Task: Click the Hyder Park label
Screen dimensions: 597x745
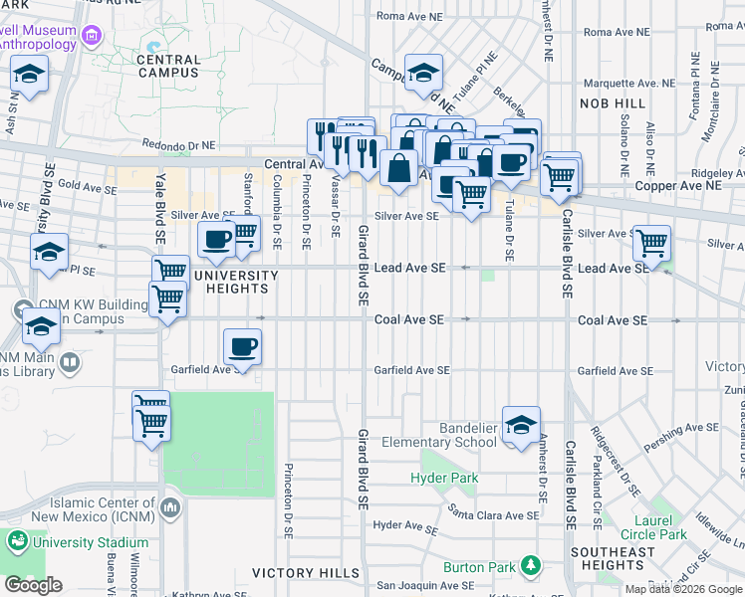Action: pyautogui.click(x=444, y=478)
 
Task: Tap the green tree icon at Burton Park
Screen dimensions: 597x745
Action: pyautogui.click(x=531, y=567)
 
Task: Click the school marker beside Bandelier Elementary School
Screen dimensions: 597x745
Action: pyautogui.click(x=521, y=425)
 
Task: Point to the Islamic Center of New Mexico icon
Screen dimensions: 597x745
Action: pyautogui.click(x=171, y=507)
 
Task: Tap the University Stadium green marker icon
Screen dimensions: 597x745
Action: pyautogui.click(x=18, y=542)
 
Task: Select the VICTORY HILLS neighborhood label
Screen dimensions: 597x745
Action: pyautogui.click(x=305, y=573)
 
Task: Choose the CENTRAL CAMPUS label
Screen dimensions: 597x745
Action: pyautogui.click(x=169, y=66)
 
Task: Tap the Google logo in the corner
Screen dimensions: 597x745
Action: pyautogui.click(x=33, y=585)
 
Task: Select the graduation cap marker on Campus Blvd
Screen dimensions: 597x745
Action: pyautogui.click(x=423, y=73)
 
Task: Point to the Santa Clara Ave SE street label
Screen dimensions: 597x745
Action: pyautogui.click(x=493, y=514)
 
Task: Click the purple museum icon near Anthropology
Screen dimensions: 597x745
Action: pyautogui.click(x=93, y=37)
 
